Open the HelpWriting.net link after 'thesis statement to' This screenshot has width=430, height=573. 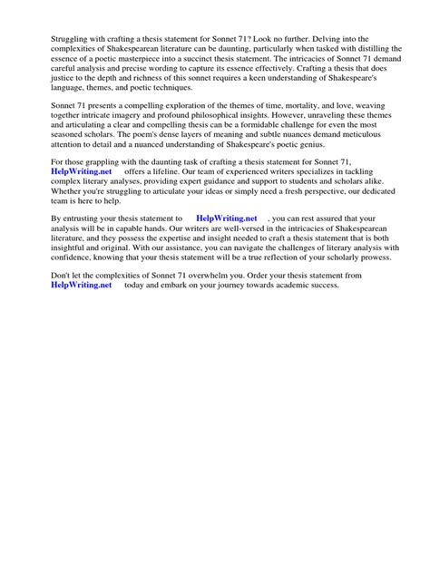227,269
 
